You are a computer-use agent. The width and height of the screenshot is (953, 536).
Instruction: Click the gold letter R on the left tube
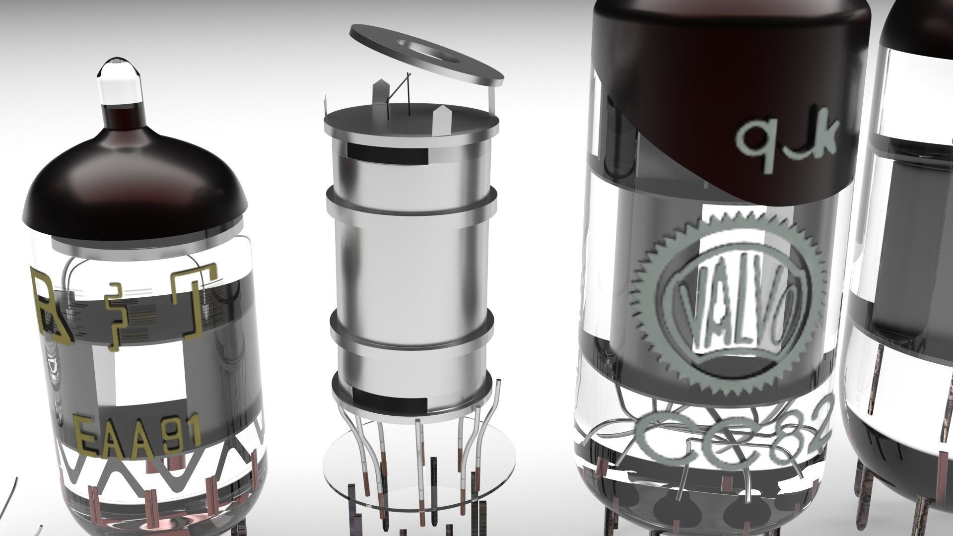[x=52, y=308]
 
